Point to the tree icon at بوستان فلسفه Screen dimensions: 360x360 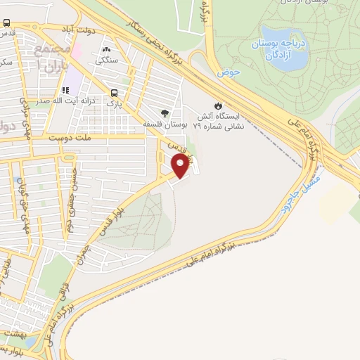[165, 112]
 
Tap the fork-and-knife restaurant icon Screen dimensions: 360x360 [66, 90]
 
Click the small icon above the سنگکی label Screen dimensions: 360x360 [107, 50]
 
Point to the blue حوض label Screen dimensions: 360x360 [229, 72]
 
